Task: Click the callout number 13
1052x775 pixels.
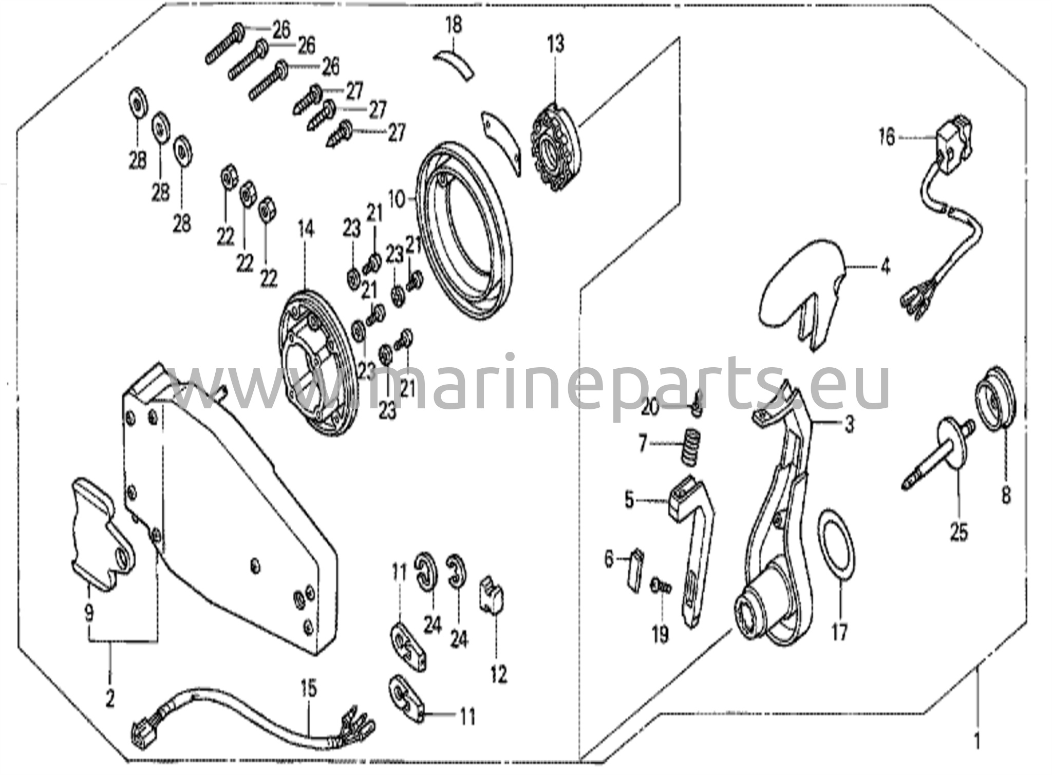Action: point(555,44)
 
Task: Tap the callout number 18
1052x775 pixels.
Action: point(454,25)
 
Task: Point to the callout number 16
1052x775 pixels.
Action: point(887,138)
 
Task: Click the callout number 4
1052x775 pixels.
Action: point(885,267)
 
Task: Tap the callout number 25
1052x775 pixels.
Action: point(959,532)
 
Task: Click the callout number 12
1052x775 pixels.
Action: point(498,674)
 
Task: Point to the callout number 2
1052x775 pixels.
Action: point(109,698)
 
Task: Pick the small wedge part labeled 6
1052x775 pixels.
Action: point(636,571)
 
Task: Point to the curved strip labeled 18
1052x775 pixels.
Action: point(454,64)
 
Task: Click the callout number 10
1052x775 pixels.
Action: point(397,200)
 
